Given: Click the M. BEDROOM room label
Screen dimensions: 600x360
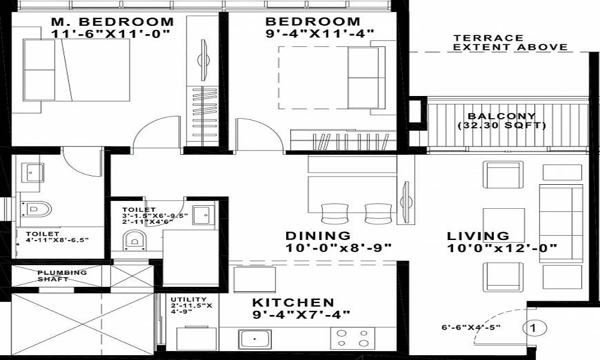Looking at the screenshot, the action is (113, 22).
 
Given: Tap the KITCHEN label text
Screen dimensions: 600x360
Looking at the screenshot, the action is (293, 302).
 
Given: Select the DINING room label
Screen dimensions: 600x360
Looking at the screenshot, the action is (318, 236).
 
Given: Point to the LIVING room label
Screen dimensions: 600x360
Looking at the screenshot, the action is (478, 236).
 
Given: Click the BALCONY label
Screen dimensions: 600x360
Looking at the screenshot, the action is (502, 116).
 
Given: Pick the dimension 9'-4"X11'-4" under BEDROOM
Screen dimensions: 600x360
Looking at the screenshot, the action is (320, 34).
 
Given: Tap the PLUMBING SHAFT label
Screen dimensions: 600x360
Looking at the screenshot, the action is (62, 276).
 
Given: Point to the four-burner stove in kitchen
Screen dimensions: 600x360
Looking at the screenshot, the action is (352, 338).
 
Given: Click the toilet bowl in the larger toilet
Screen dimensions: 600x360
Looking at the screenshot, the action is (35, 209).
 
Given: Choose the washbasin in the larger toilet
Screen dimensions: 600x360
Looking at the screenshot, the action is (32, 173).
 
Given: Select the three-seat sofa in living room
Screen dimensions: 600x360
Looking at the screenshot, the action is (561, 223).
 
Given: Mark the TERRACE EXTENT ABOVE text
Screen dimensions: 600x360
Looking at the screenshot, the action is (510, 43).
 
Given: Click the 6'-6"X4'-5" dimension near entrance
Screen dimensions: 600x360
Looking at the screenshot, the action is (471, 328).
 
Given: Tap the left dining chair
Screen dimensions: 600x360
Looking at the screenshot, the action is (335, 214).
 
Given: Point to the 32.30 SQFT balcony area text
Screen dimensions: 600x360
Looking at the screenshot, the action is (502, 125).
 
